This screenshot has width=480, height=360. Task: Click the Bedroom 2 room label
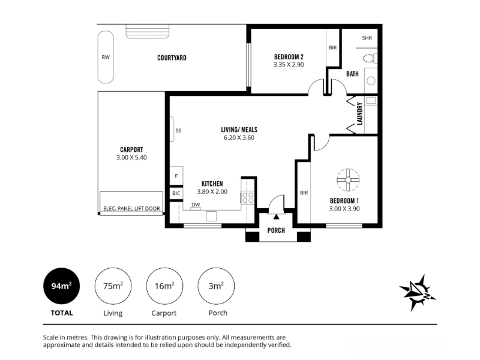pos(289,57)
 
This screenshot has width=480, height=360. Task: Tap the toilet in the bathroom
pos(370,58)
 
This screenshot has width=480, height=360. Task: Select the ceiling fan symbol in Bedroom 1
pos(348,180)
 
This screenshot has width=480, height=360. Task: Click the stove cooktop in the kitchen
pos(248,197)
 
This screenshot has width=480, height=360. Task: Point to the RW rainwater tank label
pos(106,57)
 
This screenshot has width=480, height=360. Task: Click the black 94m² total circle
pos(62,286)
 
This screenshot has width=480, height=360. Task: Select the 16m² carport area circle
pos(164,286)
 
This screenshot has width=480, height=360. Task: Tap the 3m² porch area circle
pos(216,286)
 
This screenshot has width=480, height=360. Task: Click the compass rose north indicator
pos(417,292)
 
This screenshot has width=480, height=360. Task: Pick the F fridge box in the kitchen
pos(176,176)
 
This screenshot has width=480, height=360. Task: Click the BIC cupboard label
pos(176,193)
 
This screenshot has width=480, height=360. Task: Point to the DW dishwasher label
pos(196,205)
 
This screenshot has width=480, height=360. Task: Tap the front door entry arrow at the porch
pos(277,217)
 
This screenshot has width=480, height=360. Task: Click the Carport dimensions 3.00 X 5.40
pos(131,158)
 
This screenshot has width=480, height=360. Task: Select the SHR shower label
pos(367,38)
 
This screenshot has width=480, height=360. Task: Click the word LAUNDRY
pos(359,113)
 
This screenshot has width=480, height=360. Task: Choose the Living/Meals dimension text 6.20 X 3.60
pos(239,138)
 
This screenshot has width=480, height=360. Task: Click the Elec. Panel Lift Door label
pos(131,208)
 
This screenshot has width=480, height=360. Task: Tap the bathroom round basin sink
pos(371,81)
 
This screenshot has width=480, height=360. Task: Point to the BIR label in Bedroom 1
pos(304,193)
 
